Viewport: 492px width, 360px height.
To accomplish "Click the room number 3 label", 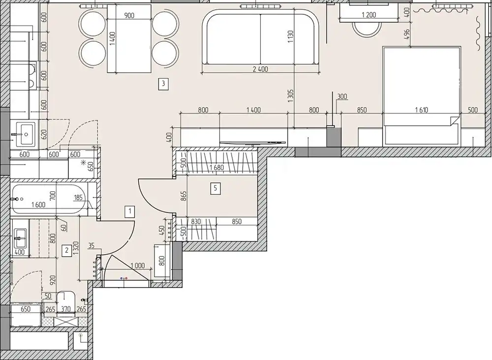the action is [163, 84].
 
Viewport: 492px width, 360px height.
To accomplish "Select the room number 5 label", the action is [215, 188].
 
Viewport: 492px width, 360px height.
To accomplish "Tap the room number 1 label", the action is [130, 211].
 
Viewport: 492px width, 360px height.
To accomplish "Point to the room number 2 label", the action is [66, 250].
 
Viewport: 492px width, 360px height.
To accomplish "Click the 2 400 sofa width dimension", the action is [260, 69].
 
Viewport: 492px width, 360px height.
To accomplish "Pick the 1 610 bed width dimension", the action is [422, 110].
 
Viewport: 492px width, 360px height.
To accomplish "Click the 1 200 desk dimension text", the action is [369, 15].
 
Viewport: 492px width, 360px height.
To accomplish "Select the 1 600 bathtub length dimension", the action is [38, 205].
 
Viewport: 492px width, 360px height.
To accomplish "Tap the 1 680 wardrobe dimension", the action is [217, 168].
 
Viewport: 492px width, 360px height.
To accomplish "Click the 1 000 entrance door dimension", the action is [137, 266].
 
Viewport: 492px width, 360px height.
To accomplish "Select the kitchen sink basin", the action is [26, 134].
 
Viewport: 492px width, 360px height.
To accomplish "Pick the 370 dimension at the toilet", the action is [65, 309].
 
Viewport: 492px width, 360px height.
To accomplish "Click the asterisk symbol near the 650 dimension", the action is [84, 162].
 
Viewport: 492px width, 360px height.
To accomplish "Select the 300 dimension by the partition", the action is [342, 96].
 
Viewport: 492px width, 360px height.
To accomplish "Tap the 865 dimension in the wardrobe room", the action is [184, 196].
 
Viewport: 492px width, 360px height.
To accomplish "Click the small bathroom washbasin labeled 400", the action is [20, 239].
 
